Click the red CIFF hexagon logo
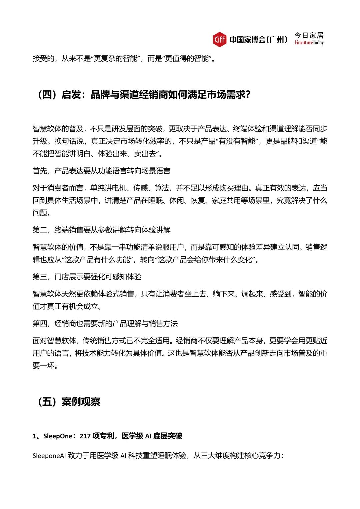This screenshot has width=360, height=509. (220, 39)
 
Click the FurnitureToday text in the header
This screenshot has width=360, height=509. (309, 43)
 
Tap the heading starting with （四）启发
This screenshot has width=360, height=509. (144, 95)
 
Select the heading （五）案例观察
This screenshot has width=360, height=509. (69, 402)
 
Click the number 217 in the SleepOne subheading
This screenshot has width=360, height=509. (85, 436)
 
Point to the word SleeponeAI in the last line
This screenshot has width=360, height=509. (49, 456)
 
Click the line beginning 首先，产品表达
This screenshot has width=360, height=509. (101, 171)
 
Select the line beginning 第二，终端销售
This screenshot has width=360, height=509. (101, 230)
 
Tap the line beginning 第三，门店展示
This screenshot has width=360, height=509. (87, 277)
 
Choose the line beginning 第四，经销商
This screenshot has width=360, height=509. (105, 324)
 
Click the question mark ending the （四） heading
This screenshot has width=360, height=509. (247, 95)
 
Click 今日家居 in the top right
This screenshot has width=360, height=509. (309, 35)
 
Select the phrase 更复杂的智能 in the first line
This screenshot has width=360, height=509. (116, 59)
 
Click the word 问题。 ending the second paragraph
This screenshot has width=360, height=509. (42, 213)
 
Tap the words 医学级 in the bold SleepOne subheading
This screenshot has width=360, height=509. (132, 436)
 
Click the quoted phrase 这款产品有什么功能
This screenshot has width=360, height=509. (98, 260)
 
